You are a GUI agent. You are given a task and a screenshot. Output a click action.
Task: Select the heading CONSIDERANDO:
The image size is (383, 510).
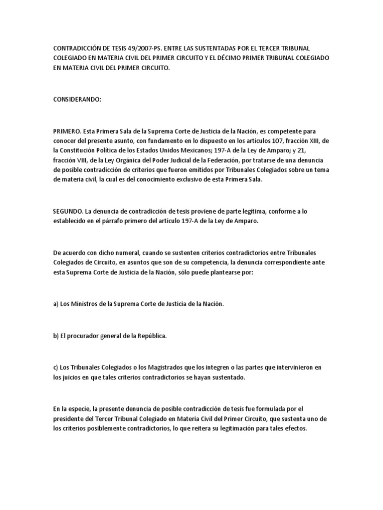(x=77, y=99)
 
